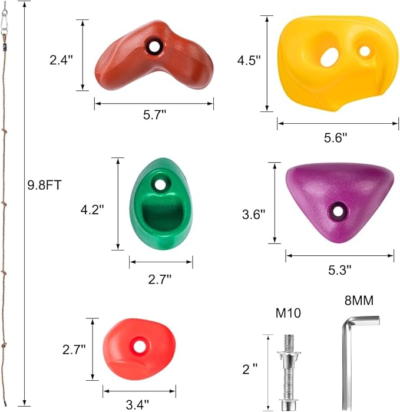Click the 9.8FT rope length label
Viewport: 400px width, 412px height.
(44, 185)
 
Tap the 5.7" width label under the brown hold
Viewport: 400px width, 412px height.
(155, 115)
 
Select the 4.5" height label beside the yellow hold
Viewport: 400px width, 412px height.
(249, 61)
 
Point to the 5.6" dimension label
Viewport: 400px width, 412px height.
(335, 137)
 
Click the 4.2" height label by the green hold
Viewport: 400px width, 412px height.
(92, 210)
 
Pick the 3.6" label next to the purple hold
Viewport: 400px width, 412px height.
(254, 215)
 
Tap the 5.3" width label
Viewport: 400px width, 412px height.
(340, 270)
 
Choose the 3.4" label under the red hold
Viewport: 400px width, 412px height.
(137, 405)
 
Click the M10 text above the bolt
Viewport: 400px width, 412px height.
(288, 313)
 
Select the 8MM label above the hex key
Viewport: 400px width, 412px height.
(359, 301)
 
